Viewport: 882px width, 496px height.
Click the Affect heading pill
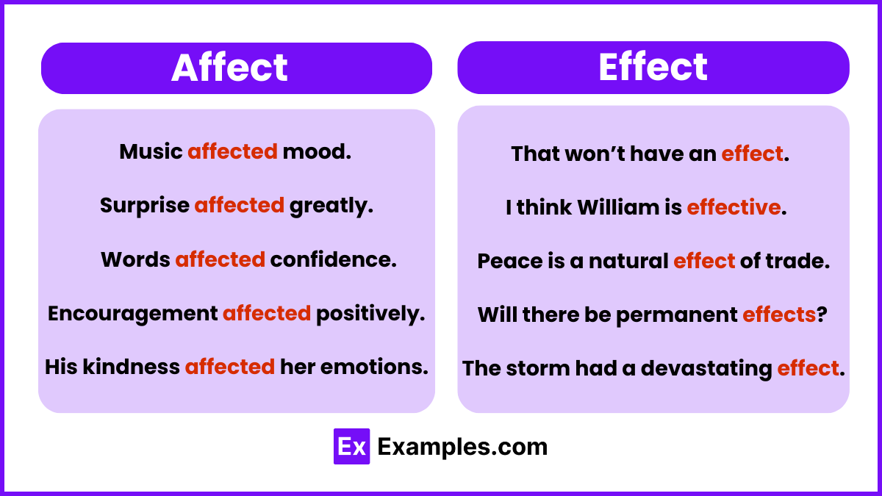[x=236, y=68]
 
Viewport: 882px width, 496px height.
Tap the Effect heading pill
[x=653, y=67]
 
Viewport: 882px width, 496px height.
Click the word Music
[x=151, y=152]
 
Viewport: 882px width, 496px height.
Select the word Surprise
[x=145, y=206]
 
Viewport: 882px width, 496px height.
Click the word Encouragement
[x=132, y=314]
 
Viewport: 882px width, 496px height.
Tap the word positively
[x=370, y=314]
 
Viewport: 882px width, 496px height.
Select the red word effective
[x=733, y=208]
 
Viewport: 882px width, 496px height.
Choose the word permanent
[x=676, y=315]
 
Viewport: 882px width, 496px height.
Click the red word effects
[x=779, y=315]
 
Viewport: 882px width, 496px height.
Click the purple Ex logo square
[x=351, y=447]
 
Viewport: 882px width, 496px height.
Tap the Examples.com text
[x=462, y=447]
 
